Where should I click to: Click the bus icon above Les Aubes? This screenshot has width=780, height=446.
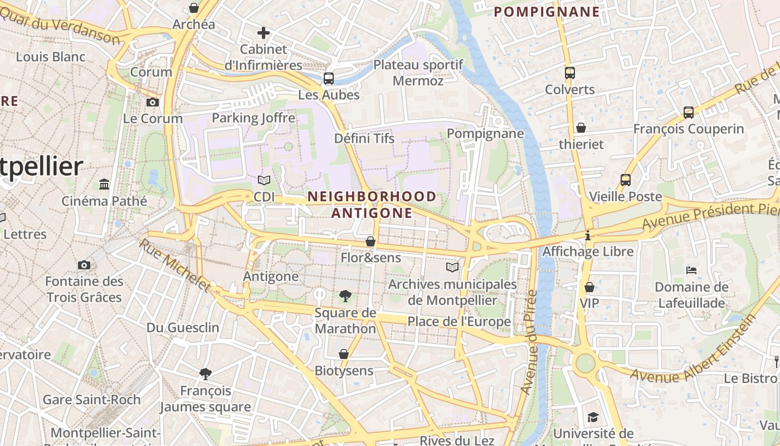coord(329,79)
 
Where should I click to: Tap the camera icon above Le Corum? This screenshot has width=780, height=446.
coord(152,102)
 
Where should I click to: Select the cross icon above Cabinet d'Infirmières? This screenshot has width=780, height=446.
coord(264,33)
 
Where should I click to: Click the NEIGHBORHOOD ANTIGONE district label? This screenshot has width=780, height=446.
coord(372,205)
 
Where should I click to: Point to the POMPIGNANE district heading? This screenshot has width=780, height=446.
coord(547,12)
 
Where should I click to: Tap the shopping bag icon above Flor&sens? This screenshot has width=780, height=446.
coord(370,241)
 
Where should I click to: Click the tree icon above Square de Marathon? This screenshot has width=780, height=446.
coord(345,296)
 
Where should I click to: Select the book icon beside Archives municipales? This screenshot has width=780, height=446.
coord(452,268)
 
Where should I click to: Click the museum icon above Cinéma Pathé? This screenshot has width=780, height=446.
coord(104,184)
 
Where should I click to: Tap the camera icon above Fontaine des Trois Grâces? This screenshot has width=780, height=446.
coord(84,265)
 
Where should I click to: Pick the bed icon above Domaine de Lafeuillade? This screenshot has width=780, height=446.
coord(691,270)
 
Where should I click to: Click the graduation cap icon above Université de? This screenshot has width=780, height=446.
coord(593,417)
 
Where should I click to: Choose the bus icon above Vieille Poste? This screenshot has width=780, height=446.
coord(625,180)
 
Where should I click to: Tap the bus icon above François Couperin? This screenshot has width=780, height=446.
coord(689,113)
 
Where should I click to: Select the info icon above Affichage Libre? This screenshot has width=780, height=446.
coord(587,235)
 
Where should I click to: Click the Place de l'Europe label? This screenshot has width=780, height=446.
coord(459,322)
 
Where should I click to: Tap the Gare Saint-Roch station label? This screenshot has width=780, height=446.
coord(92,400)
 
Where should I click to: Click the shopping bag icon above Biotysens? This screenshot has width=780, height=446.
coord(344,354)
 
